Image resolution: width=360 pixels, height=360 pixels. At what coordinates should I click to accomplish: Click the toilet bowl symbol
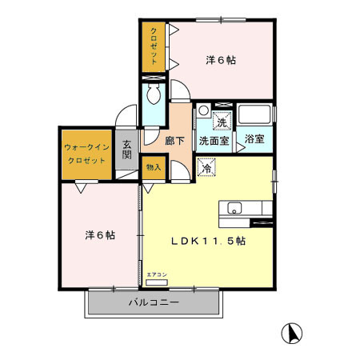(154, 94)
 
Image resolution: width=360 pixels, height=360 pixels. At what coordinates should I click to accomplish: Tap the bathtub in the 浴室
(254, 114)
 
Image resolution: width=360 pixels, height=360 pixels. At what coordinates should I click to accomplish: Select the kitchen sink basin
(234, 208)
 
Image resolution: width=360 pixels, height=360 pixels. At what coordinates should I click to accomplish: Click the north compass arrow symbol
(292, 334)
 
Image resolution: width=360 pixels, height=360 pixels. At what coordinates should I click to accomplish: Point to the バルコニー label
(154, 302)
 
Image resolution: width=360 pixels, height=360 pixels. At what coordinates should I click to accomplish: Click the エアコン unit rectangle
(157, 282)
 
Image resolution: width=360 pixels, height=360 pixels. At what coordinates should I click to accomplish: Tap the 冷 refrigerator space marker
(206, 167)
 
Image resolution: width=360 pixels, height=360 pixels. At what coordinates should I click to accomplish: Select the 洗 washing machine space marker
(222, 121)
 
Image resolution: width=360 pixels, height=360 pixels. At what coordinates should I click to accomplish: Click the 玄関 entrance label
(127, 150)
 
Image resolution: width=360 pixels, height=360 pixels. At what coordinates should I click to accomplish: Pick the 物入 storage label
(154, 167)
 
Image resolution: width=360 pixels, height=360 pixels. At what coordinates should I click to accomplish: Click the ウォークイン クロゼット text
(86, 154)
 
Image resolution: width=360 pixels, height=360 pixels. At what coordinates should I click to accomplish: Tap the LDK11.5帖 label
(208, 241)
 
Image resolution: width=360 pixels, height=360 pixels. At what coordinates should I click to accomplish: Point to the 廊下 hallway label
(174, 141)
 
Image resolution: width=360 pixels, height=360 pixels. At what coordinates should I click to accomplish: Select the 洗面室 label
(214, 141)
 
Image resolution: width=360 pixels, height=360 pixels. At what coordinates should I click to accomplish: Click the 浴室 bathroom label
(254, 138)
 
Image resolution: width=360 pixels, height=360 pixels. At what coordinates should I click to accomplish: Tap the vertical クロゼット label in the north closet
(154, 46)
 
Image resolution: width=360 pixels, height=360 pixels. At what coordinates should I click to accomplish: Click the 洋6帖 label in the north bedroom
(221, 60)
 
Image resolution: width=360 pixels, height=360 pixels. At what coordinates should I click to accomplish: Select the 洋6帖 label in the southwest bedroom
(100, 235)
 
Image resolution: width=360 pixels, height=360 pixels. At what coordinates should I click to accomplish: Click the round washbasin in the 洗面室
(204, 110)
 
